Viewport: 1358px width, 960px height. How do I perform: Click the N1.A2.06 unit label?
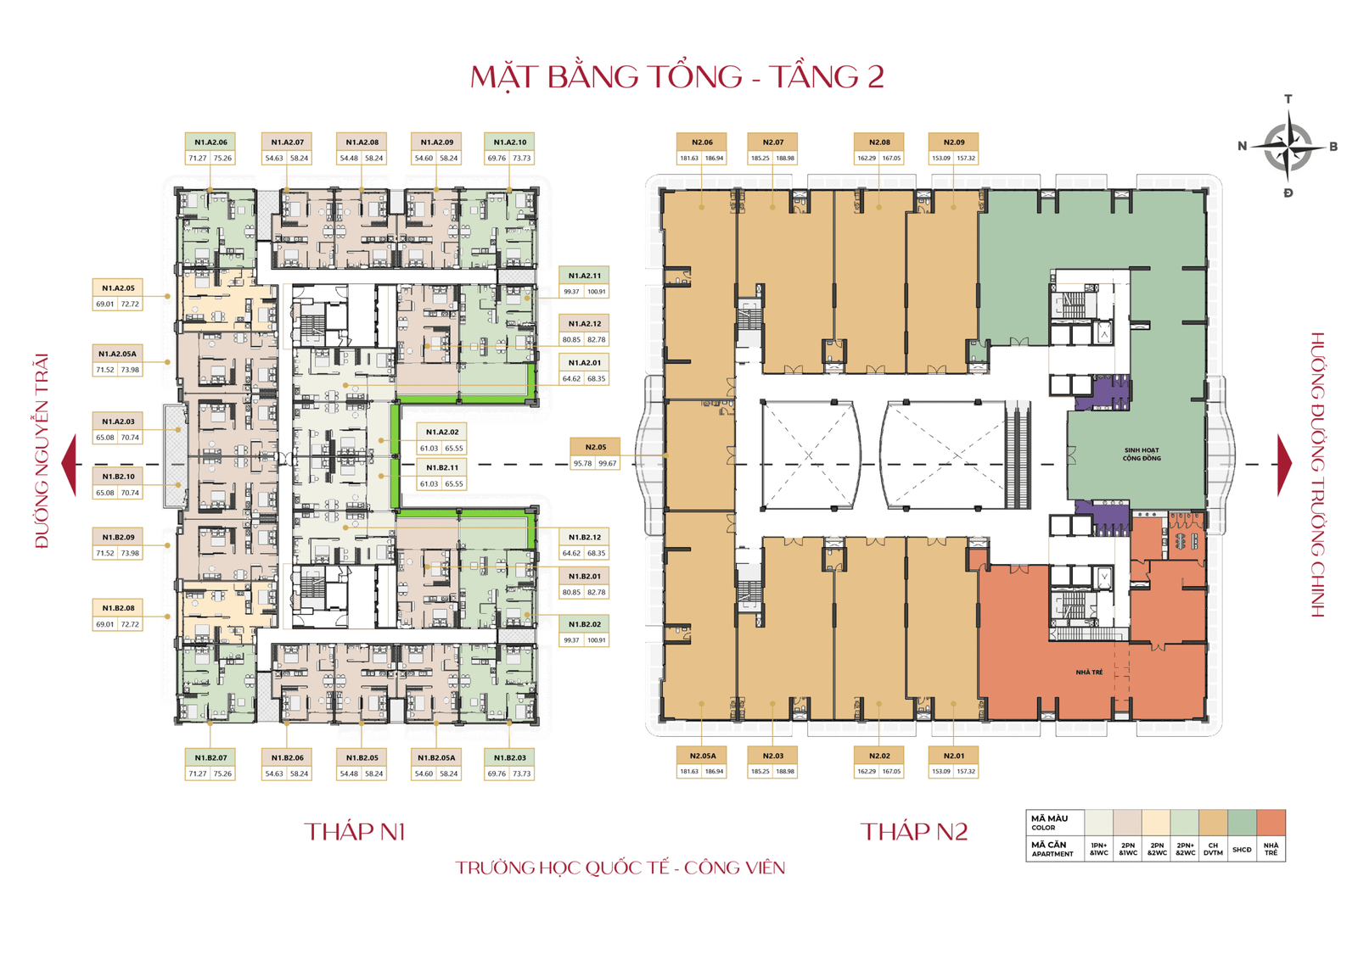click(x=210, y=142)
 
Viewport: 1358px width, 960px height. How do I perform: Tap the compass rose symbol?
click(x=1288, y=147)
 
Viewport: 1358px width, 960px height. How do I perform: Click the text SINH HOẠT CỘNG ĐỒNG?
click(x=1141, y=455)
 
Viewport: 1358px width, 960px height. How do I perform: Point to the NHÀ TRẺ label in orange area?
click(x=1089, y=673)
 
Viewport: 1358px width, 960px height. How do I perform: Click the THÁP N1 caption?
click(x=355, y=832)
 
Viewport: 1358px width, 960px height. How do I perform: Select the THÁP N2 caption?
click(x=913, y=832)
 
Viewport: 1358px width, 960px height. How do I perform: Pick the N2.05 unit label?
click(x=595, y=447)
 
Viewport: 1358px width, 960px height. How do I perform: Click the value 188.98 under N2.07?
click(x=784, y=159)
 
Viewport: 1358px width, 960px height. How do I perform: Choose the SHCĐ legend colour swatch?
click(x=1242, y=823)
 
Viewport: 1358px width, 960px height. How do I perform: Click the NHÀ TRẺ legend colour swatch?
click(x=1271, y=823)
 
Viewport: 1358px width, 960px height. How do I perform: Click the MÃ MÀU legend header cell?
click(x=1053, y=823)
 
